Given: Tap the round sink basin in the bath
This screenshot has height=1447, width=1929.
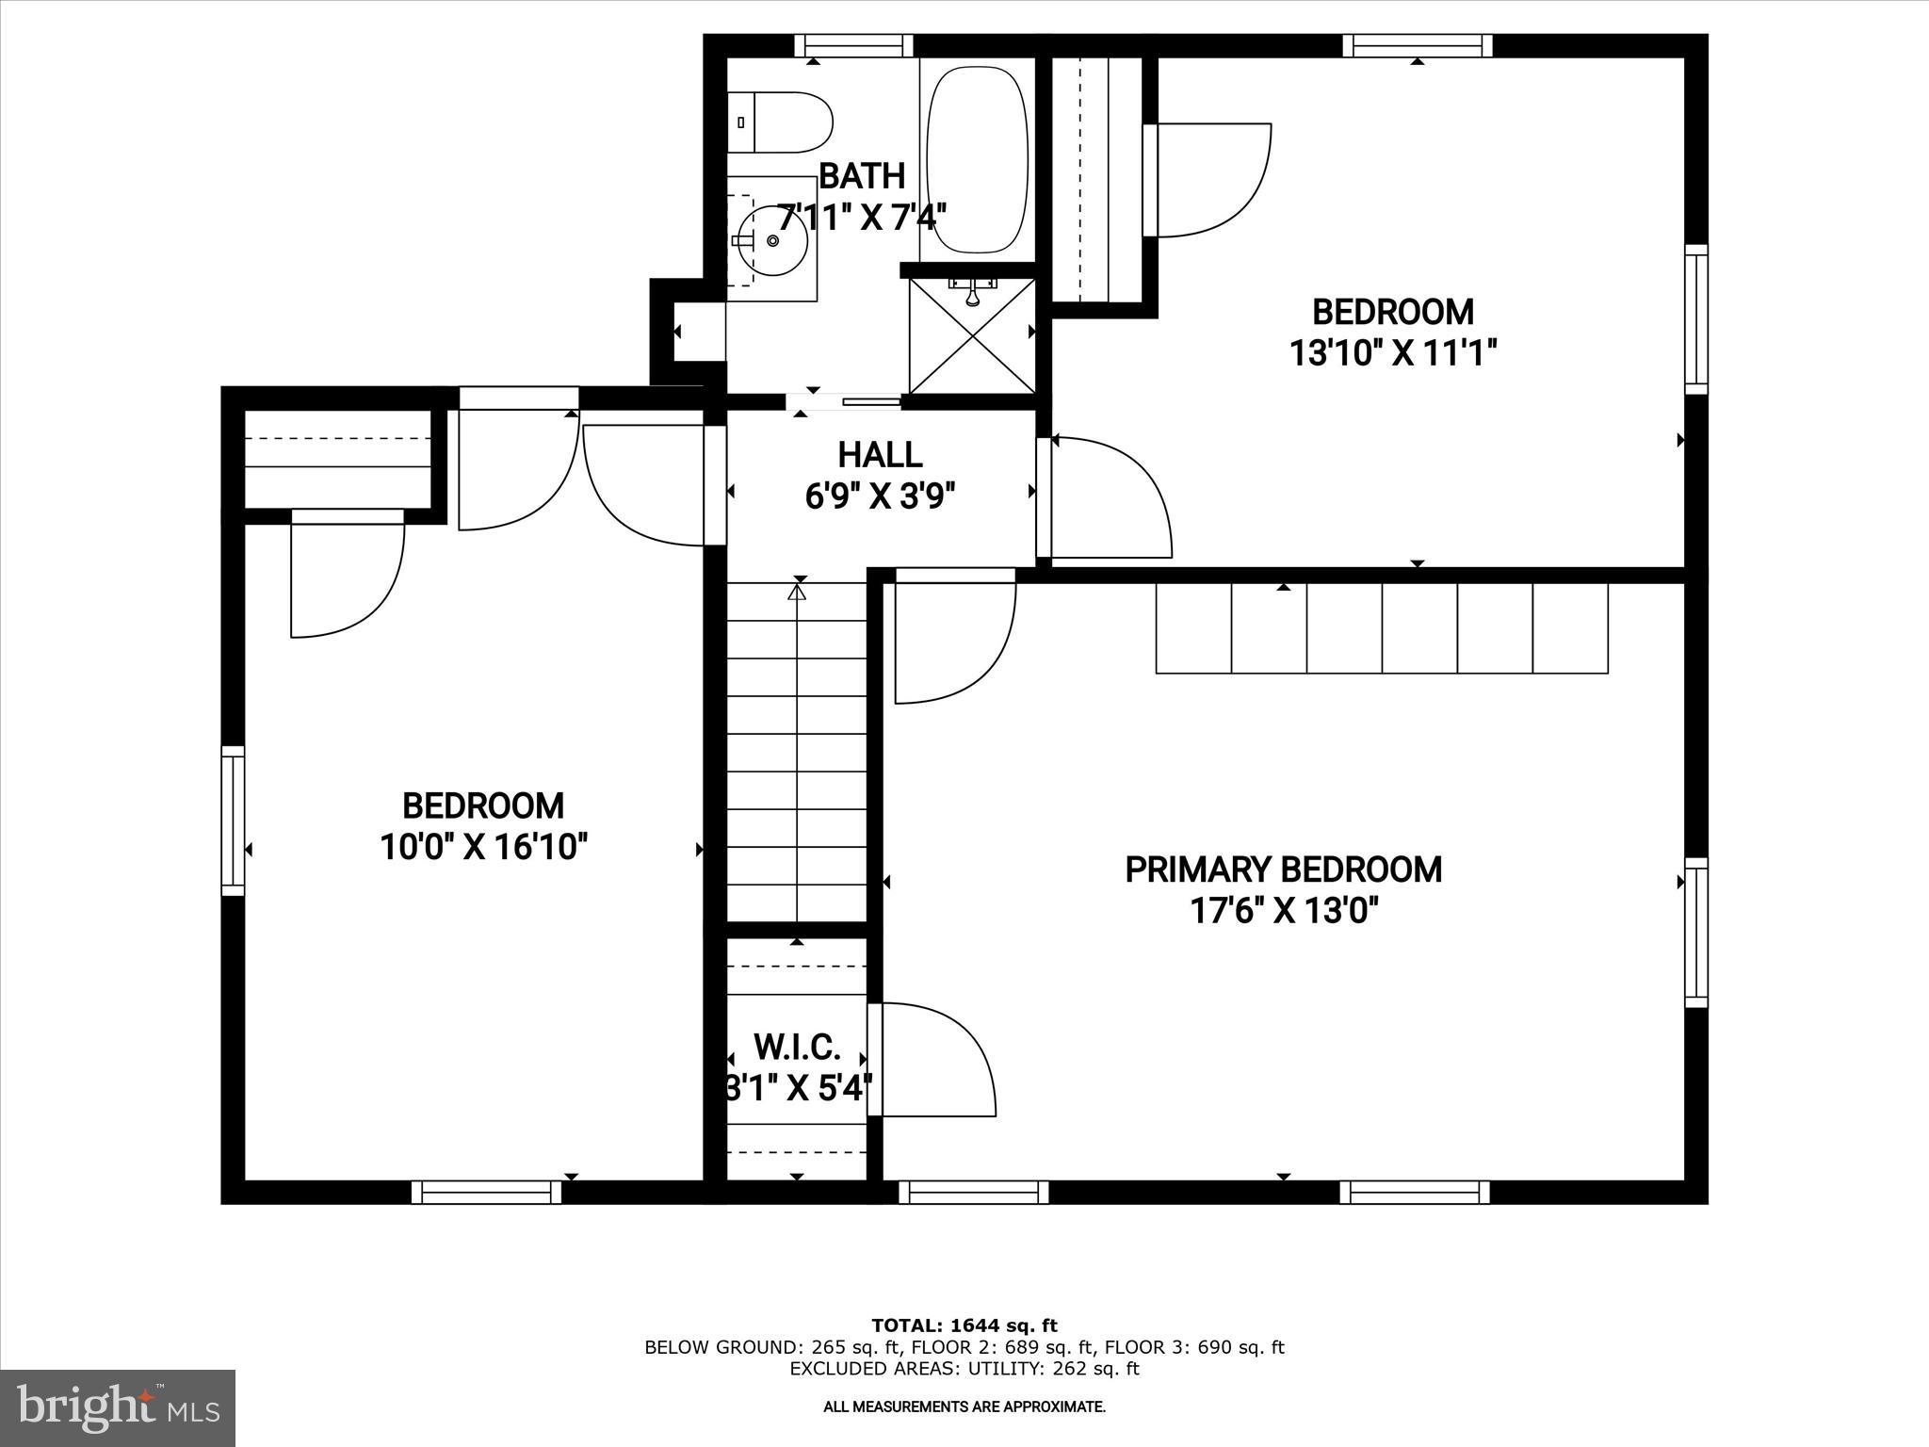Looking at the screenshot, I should click(772, 240).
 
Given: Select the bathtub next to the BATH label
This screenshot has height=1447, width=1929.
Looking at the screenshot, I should click(977, 159).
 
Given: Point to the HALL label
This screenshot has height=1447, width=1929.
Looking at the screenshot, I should click(880, 455).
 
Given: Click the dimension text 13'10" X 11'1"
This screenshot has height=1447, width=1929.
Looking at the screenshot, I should click(1392, 353).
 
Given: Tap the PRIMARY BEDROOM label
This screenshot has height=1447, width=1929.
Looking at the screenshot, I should click(1283, 869).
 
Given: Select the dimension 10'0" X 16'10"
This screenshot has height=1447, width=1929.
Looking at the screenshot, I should click(483, 847).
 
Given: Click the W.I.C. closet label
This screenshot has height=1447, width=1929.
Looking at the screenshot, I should click(797, 1047).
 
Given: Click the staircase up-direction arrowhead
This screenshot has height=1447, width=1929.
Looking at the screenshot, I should click(798, 593).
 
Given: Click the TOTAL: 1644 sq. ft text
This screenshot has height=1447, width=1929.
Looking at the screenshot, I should click(964, 1325).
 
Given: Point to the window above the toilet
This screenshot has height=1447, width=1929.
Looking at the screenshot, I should click(853, 45).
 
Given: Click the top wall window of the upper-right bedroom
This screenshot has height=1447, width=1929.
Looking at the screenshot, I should click(1417, 45).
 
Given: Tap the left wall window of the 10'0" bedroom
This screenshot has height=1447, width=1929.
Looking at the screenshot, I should click(233, 820).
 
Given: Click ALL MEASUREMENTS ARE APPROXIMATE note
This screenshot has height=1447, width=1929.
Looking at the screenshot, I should click(964, 1406).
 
